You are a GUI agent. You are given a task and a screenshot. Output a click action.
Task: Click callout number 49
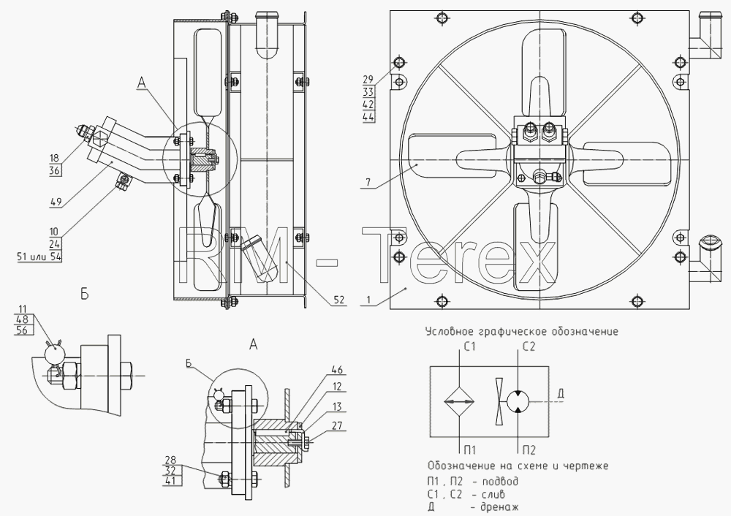pyautogui.click(x=56, y=202)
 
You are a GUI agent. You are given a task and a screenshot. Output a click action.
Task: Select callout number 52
pyautogui.click(x=339, y=300)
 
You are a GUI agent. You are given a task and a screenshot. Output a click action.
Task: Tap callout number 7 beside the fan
pyautogui.click(x=368, y=182)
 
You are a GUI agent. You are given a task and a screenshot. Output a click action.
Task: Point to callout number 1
pyautogui.click(x=368, y=300)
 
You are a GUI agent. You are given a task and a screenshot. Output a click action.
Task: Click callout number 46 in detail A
pyautogui.click(x=336, y=370)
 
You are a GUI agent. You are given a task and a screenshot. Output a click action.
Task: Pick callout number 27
pyautogui.click(x=336, y=425)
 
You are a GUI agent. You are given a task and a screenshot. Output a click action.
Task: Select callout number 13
pyautogui.click(x=336, y=406)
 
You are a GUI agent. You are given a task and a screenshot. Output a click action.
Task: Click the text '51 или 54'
pyautogui.click(x=39, y=257)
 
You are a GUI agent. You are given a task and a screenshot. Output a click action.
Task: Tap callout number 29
pyautogui.click(x=368, y=80)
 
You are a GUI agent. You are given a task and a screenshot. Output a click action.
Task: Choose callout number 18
pyautogui.click(x=55, y=159)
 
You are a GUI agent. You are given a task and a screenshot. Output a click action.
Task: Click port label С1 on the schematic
pyautogui.click(x=469, y=346)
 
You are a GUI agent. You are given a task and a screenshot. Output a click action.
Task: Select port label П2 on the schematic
pyautogui.click(x=529, y=449)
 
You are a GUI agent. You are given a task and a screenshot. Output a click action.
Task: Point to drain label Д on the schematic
pyautogui.click(x=561, y=394)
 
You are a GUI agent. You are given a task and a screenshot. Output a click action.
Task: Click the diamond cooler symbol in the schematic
pyautogui.click(x=459, y=401)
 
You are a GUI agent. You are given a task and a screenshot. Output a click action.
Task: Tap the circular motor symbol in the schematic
pyautogui.click(x=518, y=401)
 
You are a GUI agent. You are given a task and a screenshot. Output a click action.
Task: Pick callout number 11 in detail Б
pyautogui.click(x=23, y=308)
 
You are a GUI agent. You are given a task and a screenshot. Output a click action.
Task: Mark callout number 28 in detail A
pyautogui.click(x=170, y=460)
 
